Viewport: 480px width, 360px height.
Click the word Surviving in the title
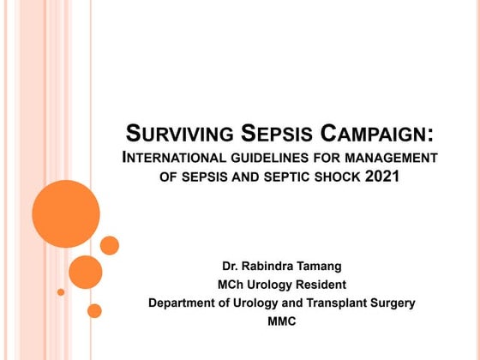[177, 135]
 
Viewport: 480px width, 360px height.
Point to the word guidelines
[285, 158]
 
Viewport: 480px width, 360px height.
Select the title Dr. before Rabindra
[231, 266]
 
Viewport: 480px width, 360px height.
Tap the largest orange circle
[66, 213]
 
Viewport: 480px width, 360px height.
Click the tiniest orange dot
[61, 292]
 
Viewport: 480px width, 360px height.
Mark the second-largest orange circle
[86, 271]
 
